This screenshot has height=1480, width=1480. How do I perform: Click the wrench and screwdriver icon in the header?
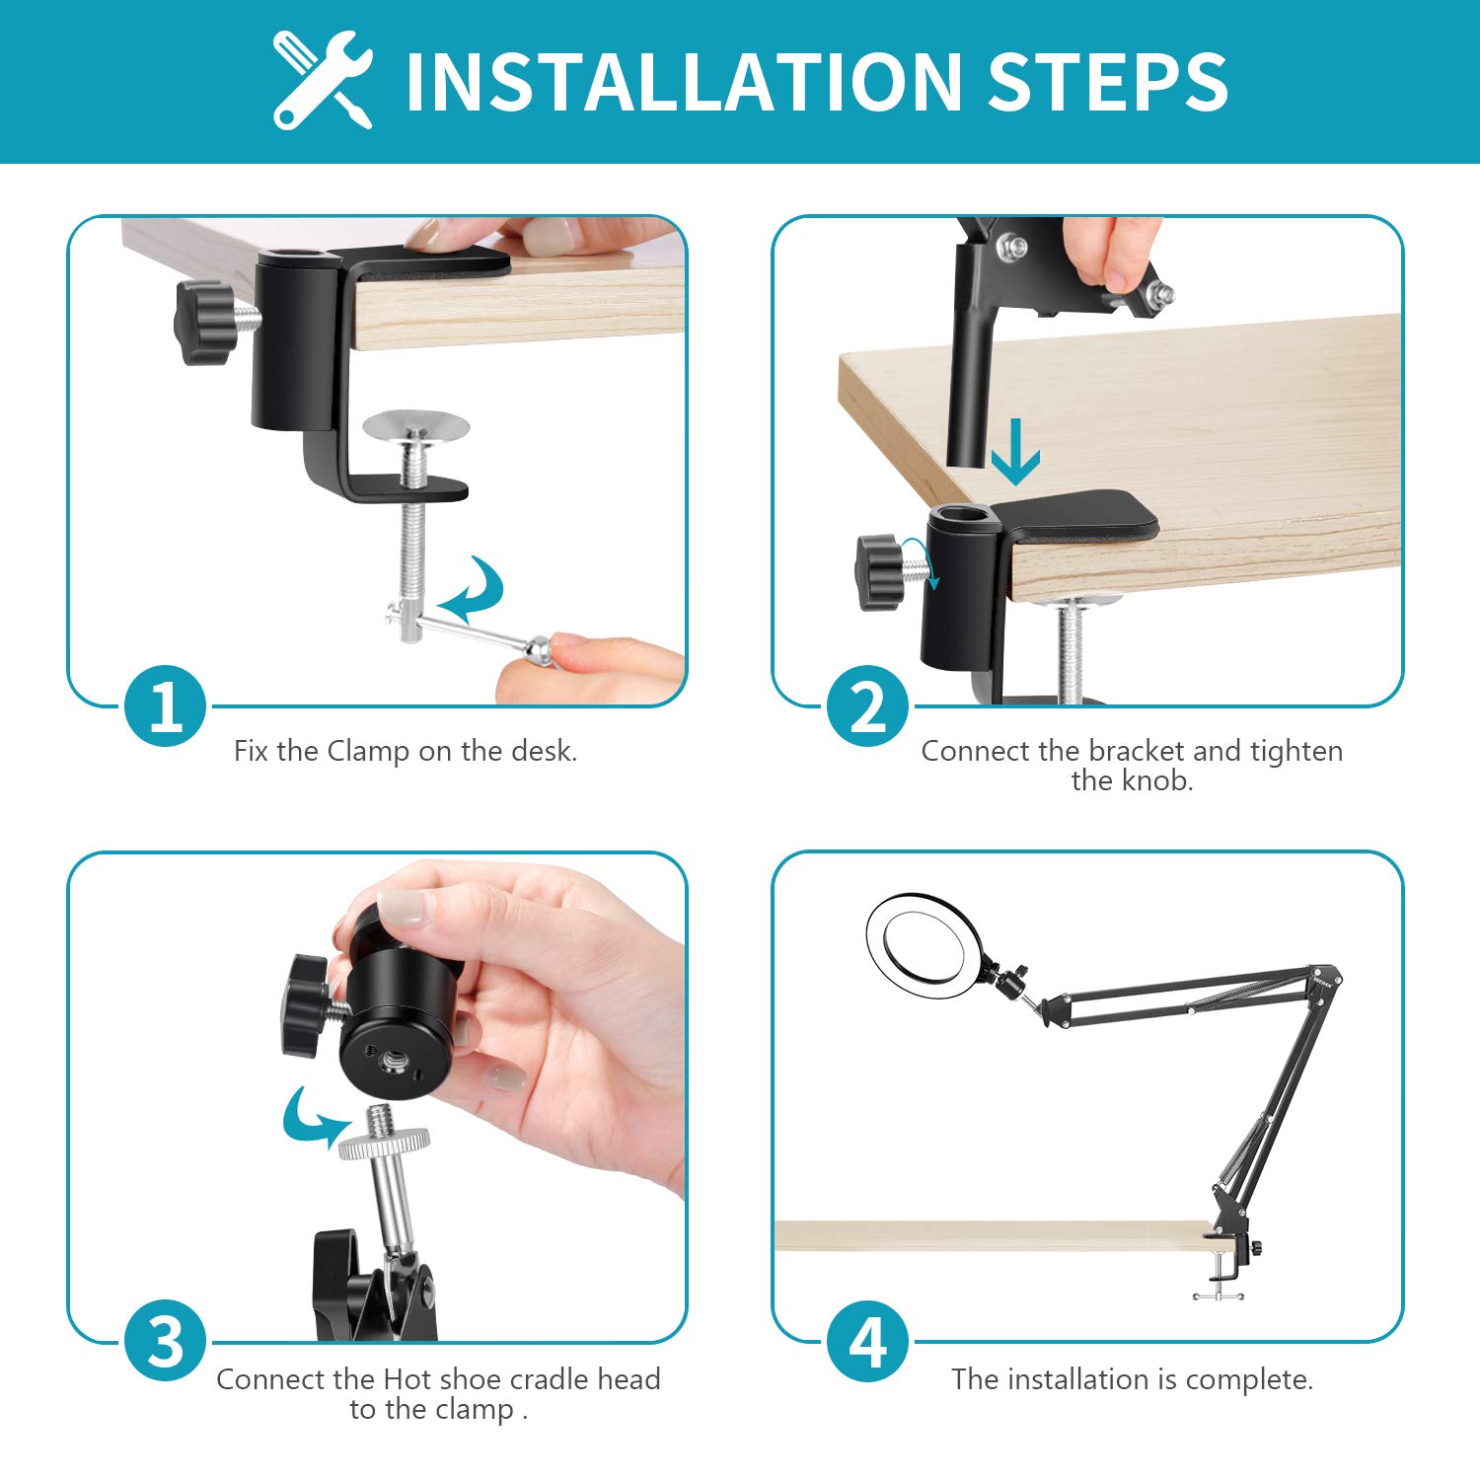click(x=323, y=80)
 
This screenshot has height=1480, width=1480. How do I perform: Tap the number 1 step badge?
click(x=166, y=706)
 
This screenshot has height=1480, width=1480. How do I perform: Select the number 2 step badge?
click(x=868, y=706)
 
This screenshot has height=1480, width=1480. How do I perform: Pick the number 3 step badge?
click(x=166, y=1341)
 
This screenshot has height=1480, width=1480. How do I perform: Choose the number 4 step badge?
click(x=868, y=1341)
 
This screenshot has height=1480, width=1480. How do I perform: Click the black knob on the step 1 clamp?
click(x=203, y=322)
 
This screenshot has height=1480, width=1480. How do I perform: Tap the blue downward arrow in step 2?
click(x=1015, y=452)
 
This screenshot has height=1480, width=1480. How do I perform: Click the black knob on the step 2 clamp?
click(x=881, y=572)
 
